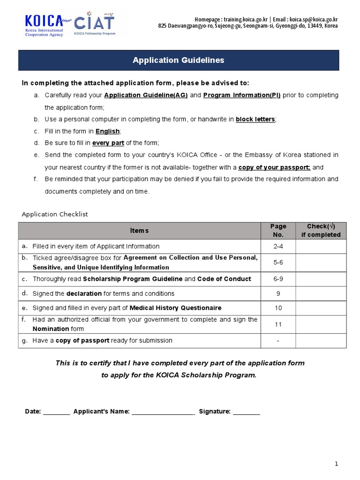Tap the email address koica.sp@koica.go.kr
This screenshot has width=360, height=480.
(314, 19)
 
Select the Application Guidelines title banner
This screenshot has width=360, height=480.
(178, 60)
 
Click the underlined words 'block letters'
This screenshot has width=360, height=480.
(255, 120)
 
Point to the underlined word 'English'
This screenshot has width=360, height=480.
(108, 131)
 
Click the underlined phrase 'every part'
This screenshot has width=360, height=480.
(108, 143)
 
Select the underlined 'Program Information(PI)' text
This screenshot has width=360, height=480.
(242, 95)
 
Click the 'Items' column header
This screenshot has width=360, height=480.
(139, 231)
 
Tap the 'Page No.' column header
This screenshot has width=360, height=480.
(278, 231)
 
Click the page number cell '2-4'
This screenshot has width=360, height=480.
(278, 247)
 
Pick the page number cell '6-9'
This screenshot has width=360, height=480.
(278, 279)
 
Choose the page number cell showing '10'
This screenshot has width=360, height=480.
(278, 308)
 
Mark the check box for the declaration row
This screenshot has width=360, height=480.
(321, 293)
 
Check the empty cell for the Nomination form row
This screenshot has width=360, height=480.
(321, 324)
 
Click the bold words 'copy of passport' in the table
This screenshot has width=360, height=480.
(82, 341)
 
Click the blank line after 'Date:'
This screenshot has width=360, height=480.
(56, 412)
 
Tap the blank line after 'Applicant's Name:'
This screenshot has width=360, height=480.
(163, 412)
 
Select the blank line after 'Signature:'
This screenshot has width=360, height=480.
(246, 412)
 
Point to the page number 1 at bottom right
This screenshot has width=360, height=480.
(336, 464)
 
